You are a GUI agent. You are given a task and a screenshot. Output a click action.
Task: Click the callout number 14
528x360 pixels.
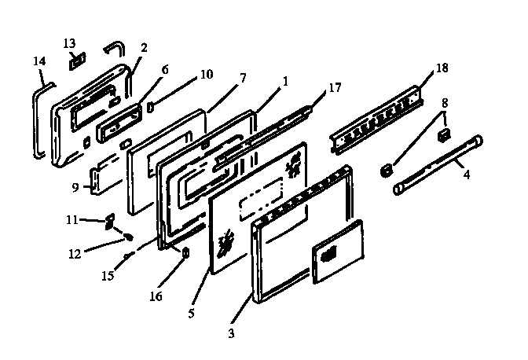(39, 60)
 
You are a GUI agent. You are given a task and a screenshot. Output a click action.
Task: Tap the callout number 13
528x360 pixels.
(69, 42)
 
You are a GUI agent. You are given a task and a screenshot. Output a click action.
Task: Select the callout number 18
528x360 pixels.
(442, 68)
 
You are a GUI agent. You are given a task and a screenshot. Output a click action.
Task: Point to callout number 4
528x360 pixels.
(466, 174)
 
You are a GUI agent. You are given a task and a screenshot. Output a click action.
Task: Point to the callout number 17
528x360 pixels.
(335, 88)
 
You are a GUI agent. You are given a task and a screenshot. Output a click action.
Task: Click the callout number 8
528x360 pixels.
(445, 102)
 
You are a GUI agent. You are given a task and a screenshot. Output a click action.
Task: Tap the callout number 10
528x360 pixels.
(206, 75)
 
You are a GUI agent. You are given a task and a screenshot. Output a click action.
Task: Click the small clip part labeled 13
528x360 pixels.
(78, 60)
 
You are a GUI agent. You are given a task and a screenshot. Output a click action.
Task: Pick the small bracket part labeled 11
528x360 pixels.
(109, 222)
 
